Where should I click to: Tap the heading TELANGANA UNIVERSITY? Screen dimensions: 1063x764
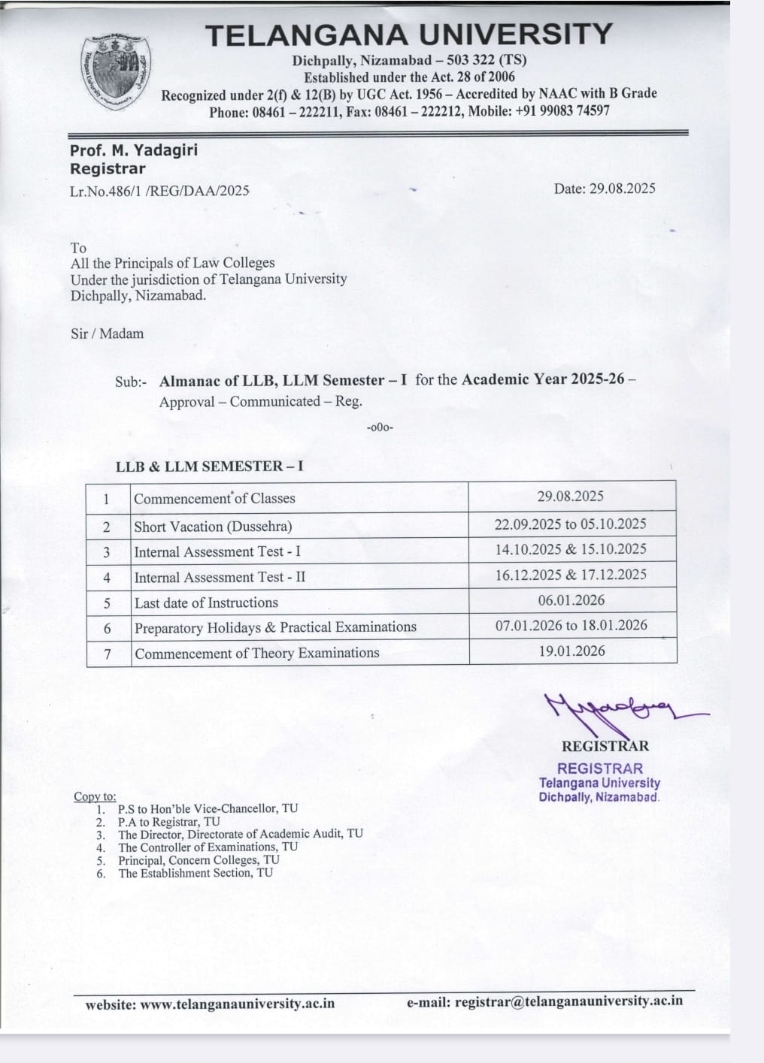point(409,35)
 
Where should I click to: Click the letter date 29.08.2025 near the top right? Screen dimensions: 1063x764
point(605,189)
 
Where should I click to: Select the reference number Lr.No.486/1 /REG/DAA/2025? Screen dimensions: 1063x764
point(159,191)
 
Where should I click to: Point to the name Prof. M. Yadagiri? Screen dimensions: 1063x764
point(134,150)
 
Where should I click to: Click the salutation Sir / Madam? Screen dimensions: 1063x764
point(107,334)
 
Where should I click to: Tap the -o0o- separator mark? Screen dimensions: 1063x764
point(380,427)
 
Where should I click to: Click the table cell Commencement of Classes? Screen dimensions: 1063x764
point(214,498)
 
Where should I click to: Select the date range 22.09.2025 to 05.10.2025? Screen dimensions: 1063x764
point(570,524)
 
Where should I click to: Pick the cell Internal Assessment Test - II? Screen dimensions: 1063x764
point(220,577)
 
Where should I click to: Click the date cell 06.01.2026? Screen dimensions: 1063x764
point(571,600)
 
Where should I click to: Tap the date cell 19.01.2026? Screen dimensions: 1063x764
point(571,651)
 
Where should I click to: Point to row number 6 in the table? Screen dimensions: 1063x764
point(108,628)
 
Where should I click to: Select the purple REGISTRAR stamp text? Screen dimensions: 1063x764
point(600,769)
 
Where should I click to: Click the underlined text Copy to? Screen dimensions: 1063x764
point(95,796)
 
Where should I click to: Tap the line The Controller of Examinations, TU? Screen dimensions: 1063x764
point(208,847)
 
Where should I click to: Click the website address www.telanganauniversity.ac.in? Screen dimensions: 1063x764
point(238,1004)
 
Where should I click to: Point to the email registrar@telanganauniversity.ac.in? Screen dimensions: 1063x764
point(568,1001)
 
